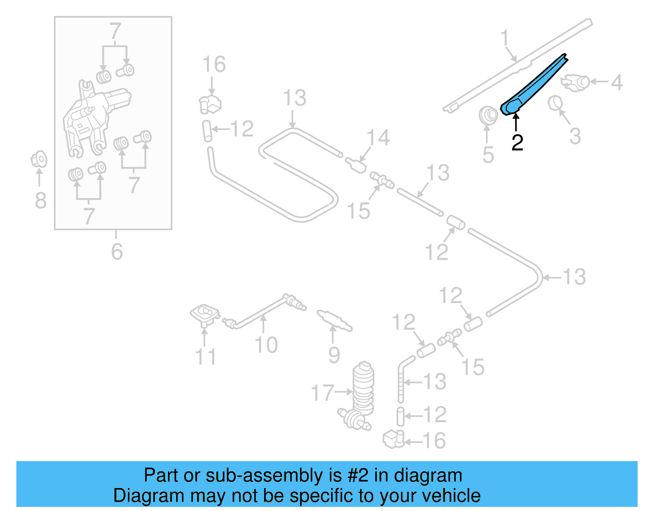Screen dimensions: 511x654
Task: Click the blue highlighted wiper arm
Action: click(x=531, y=88)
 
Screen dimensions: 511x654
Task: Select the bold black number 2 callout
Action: click(x=517, y=142)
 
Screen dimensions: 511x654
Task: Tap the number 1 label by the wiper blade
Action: click(x=505, y=38)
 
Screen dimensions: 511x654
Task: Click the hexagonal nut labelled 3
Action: click(x=554, y=103)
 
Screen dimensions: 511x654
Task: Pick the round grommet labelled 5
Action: click(x=488, y=115)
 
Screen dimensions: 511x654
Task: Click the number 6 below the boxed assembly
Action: click(x=117, y=251)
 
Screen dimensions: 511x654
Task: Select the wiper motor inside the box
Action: click(x=94, y=119)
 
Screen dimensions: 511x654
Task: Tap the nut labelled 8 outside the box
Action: click(x=39, y=160)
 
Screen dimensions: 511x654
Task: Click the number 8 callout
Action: click(x=40, y=200)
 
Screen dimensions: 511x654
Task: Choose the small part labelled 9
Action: click(x=334, y=321)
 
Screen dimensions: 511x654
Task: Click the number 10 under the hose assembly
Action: click(x=266, y=344)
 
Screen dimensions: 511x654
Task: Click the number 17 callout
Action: click(x=323, y=392)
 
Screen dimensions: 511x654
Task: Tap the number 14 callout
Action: click(x=378, y=138)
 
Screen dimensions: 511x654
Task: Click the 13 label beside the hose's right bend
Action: click(x=574, y=277)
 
